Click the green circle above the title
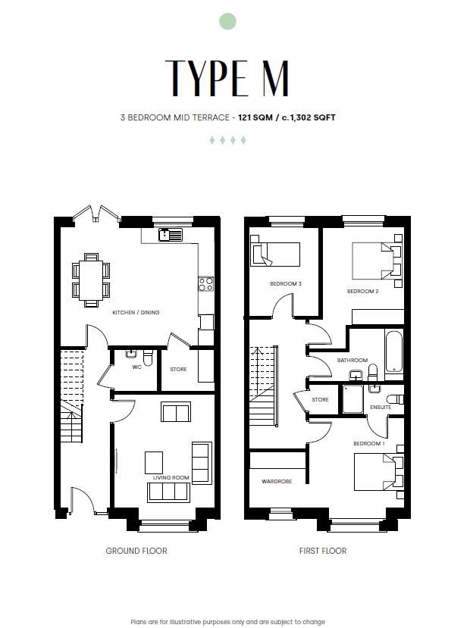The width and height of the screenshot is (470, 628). (227, 21)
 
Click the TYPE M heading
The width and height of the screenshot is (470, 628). (227, 78)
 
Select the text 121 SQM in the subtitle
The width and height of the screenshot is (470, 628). (255, 117)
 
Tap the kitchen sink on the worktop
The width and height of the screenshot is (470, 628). (171, 235)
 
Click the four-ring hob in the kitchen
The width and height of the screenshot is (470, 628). (206, 284)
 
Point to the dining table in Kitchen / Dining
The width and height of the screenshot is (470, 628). (92, 280)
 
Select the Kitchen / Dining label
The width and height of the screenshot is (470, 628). (136, 312)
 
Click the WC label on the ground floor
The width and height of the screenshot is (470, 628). (136, 367)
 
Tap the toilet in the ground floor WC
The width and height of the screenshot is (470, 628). (148, 358)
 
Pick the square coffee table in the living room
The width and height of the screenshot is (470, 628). (154, 463)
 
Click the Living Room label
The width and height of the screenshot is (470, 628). (171, 477)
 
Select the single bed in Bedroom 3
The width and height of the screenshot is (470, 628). (275, 254)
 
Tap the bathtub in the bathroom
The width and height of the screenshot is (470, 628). (394, 351)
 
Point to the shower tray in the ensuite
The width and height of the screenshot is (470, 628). (352, 399)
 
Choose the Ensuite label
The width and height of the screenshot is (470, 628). (381, 408)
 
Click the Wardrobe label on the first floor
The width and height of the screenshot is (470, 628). (277, 481)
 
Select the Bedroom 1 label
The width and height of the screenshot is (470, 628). (369, 444)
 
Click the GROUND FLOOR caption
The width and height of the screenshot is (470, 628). (136, 551)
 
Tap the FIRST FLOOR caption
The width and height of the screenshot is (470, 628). (323, 551)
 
